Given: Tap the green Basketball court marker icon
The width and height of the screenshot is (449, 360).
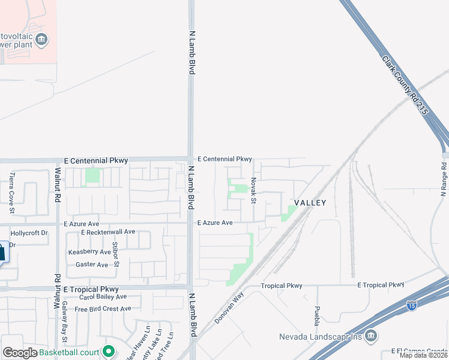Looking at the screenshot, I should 109,351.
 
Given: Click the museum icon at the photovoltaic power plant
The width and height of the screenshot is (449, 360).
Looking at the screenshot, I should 42,40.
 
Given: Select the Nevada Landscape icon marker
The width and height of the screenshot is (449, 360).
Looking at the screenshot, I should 370,335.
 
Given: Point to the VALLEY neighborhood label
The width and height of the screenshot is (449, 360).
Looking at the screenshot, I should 310,203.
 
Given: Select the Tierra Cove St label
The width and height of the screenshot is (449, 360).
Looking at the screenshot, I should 11,193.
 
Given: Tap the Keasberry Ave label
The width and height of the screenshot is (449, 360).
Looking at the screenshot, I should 89,252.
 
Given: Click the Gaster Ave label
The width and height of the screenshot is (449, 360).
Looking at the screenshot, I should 92,265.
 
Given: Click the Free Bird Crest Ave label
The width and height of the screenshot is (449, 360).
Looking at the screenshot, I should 103,308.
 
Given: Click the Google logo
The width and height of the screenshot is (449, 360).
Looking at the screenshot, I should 20,353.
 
